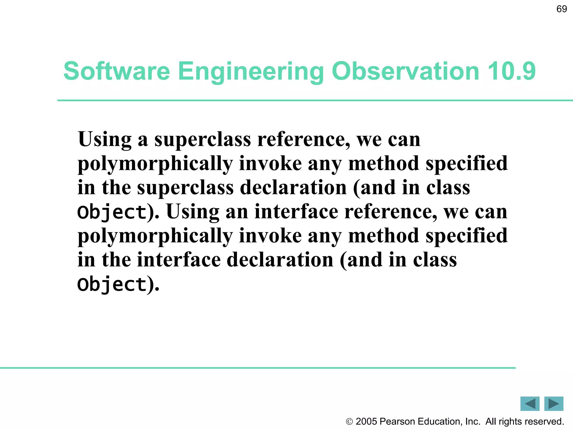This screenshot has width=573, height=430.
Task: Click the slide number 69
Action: [x=562, y=9]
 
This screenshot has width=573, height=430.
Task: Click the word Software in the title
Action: [x=117, y=71]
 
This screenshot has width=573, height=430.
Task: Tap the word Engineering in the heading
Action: [x=251, y=71]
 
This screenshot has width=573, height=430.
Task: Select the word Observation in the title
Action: [x=405, y=71]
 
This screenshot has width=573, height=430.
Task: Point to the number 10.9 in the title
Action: [x=511, y=71]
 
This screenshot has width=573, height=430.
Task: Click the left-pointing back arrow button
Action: [x=530, y=404]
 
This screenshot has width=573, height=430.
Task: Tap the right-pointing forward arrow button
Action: [x=554, y=404]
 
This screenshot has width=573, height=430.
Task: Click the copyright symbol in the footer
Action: [x=349, y=422]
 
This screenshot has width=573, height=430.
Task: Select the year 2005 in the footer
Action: [x=367, y=421]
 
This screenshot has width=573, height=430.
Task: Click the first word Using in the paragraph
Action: [x=105, y=139]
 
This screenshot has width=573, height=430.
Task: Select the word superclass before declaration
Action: [x=185, y=187]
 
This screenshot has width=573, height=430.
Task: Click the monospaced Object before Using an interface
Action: [x=112, y=212]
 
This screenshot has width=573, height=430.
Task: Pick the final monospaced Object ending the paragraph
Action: [x=112, y=284]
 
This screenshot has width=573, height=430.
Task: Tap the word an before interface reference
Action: [x=237, y=212]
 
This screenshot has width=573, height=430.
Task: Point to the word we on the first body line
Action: [x=369, y=139]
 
